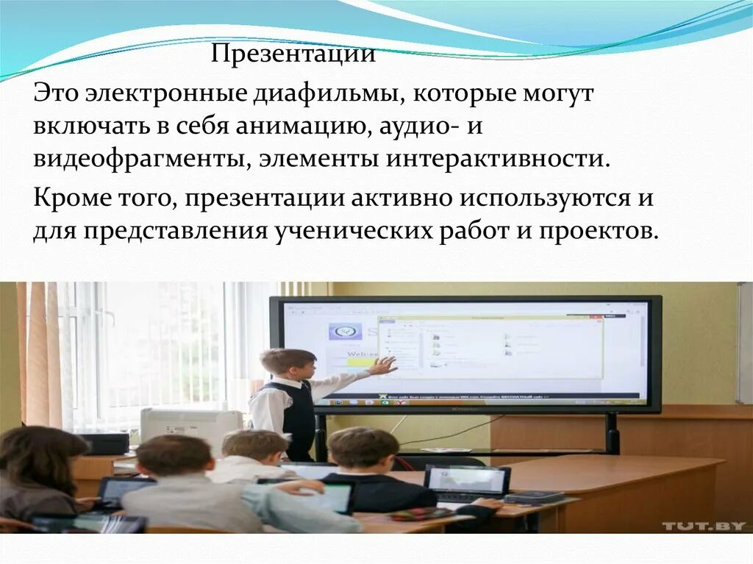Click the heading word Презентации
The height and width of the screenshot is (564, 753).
pyautogui.click(x=294, y=55)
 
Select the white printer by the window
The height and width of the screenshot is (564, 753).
pyautogui.click(x=190, y=427)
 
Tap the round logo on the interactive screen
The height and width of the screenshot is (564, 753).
pyautogui.click(x=343, y=332)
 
